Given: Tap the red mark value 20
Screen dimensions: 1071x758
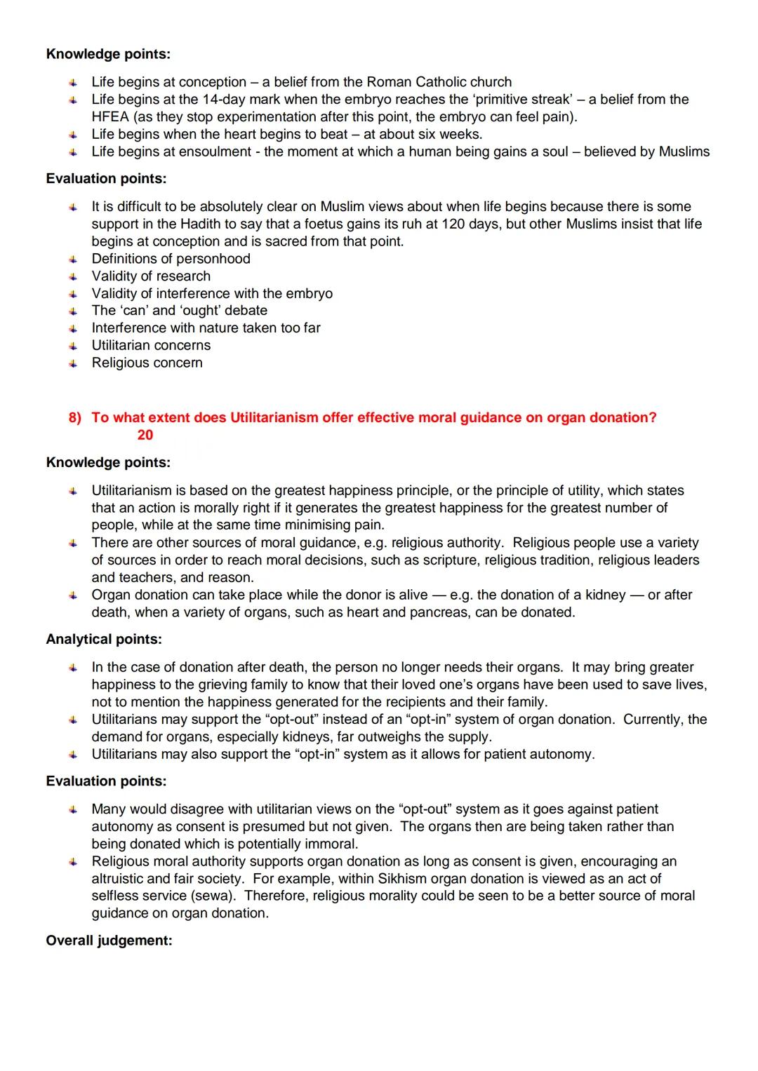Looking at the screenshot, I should point(145,436).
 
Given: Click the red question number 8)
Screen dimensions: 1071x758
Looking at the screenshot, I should point(75,418).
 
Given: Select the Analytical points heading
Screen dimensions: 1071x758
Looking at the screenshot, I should point(104,640).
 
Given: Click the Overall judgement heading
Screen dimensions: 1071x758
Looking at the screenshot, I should point(109,941).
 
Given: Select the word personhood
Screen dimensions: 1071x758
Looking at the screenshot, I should point(214,259).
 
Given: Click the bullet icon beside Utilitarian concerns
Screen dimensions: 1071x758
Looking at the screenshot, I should point(72,346).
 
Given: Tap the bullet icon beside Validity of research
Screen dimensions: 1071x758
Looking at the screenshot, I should point(72,276).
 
